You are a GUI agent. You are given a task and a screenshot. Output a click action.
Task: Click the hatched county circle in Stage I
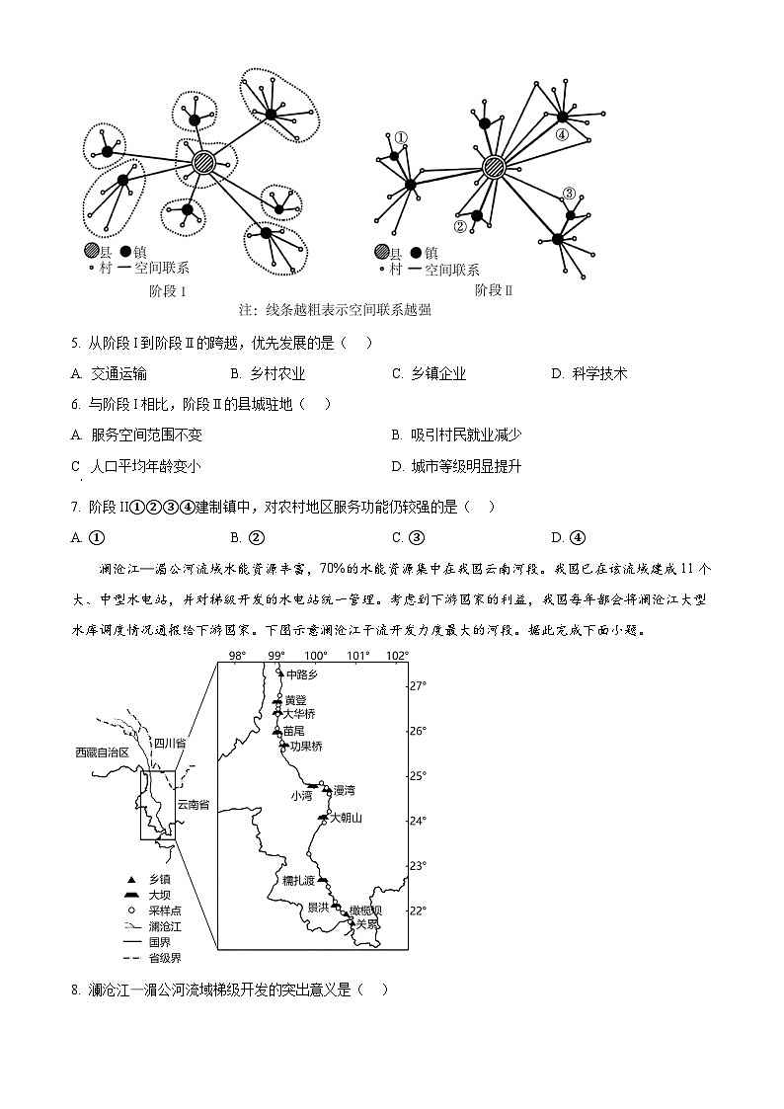(203, 162)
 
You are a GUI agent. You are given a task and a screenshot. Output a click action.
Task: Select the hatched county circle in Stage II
(494, 167)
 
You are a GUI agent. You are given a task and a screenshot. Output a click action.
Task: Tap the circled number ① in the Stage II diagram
(401, 138)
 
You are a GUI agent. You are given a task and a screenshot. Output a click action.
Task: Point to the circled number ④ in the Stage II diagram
(561, 135)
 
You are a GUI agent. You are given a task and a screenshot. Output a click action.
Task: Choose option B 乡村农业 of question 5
(268, 373)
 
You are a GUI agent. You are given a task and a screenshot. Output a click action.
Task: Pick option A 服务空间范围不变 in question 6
(137, 435)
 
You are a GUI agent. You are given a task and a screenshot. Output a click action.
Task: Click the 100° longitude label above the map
(316, 656)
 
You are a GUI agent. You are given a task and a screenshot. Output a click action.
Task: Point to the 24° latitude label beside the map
(419, 821)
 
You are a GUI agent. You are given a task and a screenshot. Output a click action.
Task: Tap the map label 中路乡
(303, 675)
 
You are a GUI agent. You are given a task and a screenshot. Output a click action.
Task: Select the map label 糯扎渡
(298, 880)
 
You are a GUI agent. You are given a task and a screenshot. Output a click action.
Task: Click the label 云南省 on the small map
(193, 805)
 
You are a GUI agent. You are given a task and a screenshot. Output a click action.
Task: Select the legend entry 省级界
(164, 958)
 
